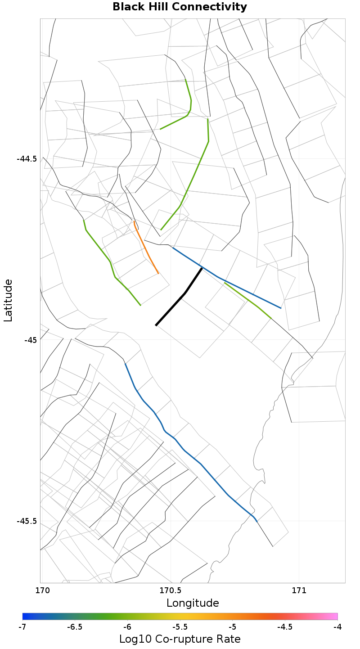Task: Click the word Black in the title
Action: (x=128, y=7)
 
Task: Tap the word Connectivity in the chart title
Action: (x=211, y=7)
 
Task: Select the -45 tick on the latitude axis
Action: (x=30, y=340)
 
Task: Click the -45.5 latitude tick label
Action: (x=27, y=521)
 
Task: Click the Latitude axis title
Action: (x=8, y=300)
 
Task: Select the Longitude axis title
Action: (x=193, y=603)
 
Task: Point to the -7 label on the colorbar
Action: (x=22, y=627)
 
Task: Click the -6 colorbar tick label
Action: (x=127, y=627)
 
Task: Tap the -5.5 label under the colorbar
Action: (x=180, y=627)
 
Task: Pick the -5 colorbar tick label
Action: (x=232, y=627)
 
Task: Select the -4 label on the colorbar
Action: (x=337, y=627)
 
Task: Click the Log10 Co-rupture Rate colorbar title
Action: (x=180, y=639)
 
